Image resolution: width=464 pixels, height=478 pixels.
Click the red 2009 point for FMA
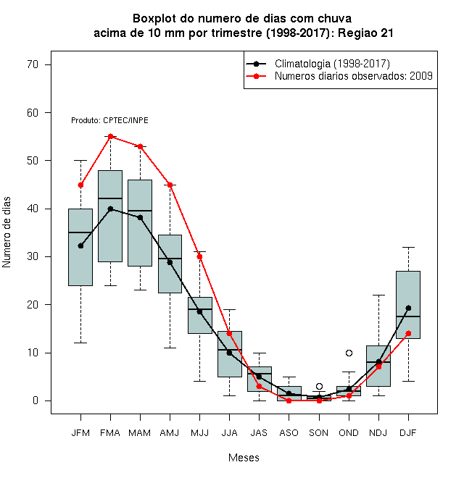(110, 136)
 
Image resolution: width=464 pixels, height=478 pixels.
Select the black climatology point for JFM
(80, 246)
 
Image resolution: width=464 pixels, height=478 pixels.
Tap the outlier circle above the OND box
(349, 353)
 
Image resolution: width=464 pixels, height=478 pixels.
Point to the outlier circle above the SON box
(319, 386)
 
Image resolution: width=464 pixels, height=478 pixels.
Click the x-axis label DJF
(408, 433)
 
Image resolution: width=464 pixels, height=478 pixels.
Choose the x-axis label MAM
(140, 433)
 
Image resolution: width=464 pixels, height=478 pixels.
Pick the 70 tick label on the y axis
(33, 64)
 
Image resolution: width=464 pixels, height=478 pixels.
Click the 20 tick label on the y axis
(33, 304)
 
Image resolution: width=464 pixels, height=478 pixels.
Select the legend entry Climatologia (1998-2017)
(332, 64)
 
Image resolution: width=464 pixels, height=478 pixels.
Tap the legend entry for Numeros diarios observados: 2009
(354, 76)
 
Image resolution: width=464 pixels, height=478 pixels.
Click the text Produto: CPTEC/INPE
(109, 120)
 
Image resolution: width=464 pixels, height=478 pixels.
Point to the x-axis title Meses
(244, 458)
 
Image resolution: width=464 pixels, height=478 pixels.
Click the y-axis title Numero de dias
(7, 232)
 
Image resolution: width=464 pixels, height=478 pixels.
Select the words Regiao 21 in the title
(365, 33)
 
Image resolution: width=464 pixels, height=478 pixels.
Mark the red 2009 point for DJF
(408, 333)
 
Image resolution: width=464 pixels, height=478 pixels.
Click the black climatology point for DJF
(408, 309)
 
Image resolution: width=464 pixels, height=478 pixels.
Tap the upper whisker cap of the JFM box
(80, 160)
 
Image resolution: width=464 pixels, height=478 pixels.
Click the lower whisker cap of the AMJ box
(170, 348)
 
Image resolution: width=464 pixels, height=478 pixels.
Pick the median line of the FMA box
(110, 198)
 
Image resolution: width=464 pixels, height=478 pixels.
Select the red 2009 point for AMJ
(170, 185)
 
